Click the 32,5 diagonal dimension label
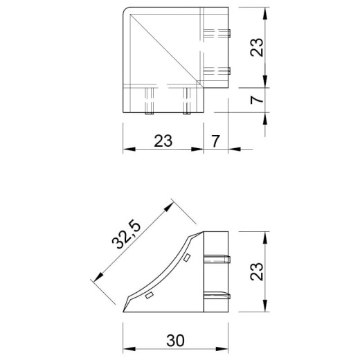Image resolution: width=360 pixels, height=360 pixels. [x=126, y=235]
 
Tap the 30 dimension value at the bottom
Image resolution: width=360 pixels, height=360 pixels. [x=175, y=341]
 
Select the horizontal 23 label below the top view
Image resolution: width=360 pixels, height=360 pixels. [x=163, y=141]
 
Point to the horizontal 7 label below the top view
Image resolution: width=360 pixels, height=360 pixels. [x=215, y=141]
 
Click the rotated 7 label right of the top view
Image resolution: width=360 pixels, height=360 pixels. [x=257, y=100]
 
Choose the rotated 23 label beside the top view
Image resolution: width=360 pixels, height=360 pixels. [x=257, y=47]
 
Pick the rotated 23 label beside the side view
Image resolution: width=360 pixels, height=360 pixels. [x=257, y=271]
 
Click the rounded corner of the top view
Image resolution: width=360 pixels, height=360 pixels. [x=125, y=10]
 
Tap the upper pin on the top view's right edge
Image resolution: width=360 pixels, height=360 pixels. [x=217, y=33]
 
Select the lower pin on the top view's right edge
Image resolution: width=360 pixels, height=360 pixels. [x=217, y=71]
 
